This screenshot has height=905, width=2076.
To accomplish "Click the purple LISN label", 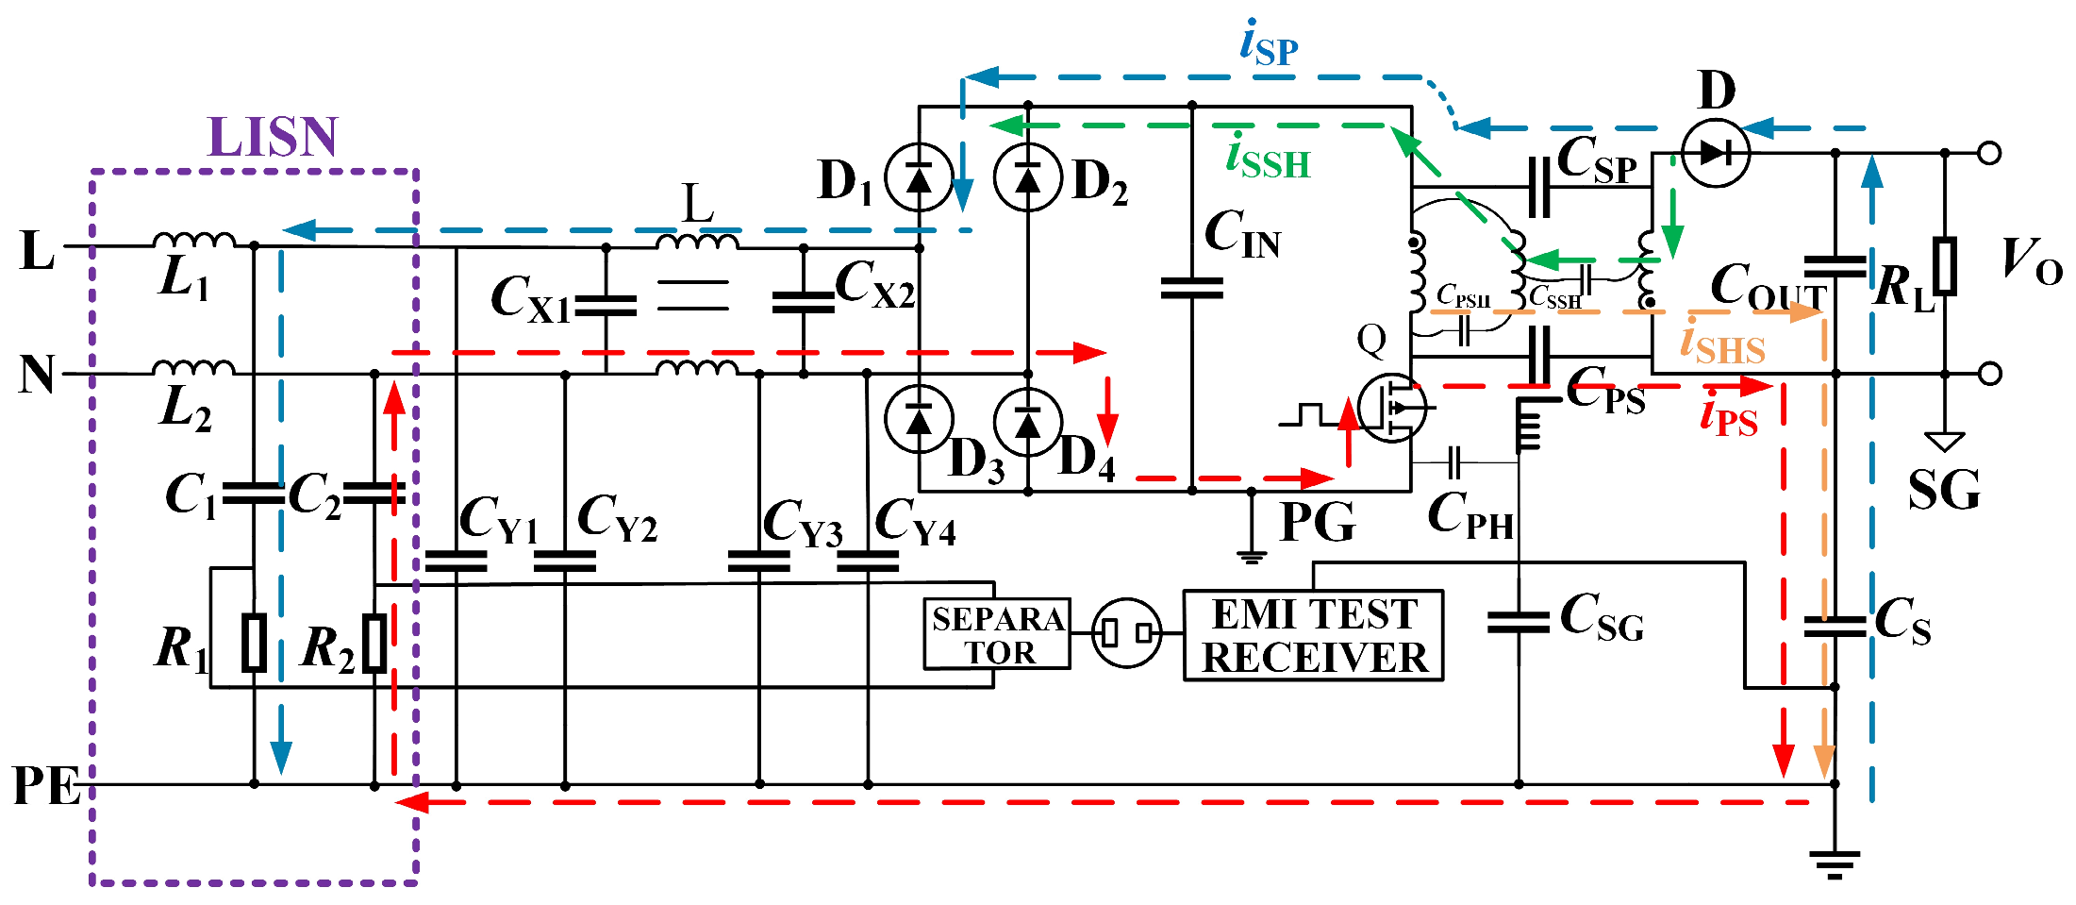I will (x=272, y=138).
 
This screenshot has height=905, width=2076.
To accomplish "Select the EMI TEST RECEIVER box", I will (x=1313, y=635).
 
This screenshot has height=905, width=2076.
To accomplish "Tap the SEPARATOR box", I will (x=997, y=634).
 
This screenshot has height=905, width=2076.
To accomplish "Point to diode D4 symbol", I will (x=1028, y=422).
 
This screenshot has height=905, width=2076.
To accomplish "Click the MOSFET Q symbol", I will (x=1393, y=408).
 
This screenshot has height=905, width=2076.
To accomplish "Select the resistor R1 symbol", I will (x=254, y=642).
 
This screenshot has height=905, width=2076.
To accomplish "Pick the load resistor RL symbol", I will (x=1944, y=266).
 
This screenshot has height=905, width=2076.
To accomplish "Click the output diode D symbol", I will (x=1716, y=152).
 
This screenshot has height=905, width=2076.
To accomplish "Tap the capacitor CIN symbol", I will (x=1191, y=288).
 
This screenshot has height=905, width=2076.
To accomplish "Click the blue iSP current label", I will (x=1269, y=43).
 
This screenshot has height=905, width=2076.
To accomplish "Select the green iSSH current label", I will (x=1268, y=158).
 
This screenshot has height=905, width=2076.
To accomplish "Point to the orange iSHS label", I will (x=1721, y=344).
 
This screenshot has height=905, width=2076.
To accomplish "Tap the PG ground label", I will (x=1317, y=522).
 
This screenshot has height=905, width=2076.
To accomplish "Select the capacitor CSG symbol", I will (x=1518, y=622).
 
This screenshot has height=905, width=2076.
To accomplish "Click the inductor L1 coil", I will (x=193, y=240).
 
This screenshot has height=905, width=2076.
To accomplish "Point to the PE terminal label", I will (x=45, y=785).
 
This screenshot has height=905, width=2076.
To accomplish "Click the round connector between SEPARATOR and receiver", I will (x=1126, y=633).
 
